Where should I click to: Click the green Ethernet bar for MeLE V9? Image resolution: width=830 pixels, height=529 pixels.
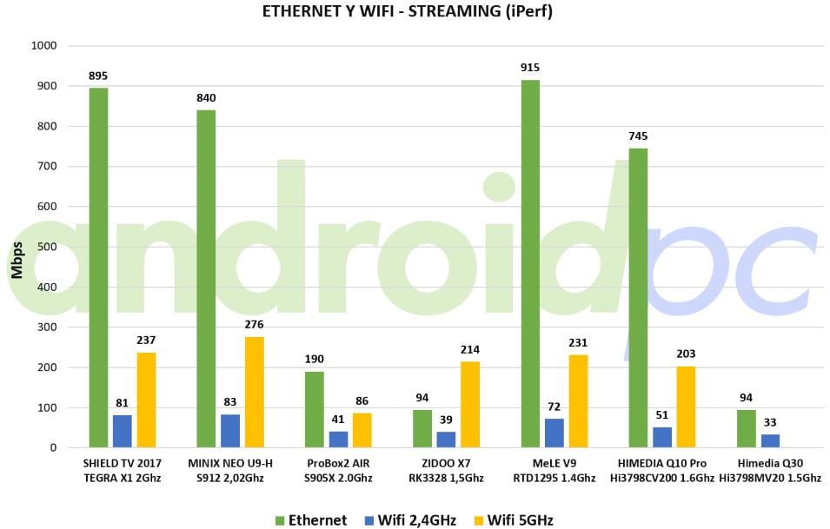pos(530,264)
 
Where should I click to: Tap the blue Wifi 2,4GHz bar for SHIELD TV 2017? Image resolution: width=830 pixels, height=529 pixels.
pos(123,432)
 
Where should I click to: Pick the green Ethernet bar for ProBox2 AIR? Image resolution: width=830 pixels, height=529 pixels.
pos(314,410)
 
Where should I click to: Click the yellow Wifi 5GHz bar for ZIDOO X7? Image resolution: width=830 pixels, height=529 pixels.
pos(470,405)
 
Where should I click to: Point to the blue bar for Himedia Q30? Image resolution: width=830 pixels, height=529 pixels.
pos(770,441)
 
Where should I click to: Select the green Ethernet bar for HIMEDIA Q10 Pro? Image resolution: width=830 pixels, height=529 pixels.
pos(638,298)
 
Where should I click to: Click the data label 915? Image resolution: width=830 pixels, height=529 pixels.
pos(530,67)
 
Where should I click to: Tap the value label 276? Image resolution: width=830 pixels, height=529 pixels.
pos(254,324)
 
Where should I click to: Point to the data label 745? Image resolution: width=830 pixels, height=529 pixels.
pos(638,136)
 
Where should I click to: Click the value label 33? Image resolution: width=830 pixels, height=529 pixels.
pos(770,422)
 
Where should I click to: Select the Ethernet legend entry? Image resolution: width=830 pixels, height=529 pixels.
pos(311,520)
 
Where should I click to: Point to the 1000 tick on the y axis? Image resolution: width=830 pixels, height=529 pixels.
pos(43,46)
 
